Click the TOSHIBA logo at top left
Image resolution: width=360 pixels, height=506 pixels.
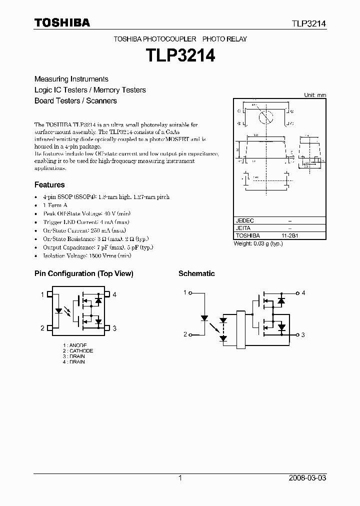pyautogui.click(x=61, y=22)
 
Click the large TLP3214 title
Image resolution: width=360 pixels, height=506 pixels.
pyautogui.click(x=180, y=55)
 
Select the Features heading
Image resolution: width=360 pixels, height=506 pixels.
pyautogui.click(x=49, y=184)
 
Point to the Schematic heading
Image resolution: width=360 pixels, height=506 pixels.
pyautogui.click(x=196, y=273)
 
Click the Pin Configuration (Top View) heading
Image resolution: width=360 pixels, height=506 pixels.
pyautogui.click(x=83, y=273)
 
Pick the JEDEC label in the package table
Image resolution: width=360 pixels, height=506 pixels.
pyautogui.click(x=245, y=220)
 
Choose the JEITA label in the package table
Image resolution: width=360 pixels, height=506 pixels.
pyautogui.click(x=244, y=228)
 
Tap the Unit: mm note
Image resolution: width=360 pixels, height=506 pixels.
pyautogui.click(x=315, y=94)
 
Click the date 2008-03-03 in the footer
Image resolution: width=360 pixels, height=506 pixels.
pyautogui.click(x=307, y=478)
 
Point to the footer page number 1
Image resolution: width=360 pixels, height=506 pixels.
pyautogui.click(x=180, y=478)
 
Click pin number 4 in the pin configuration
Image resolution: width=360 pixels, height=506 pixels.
pyautogui.click(x=114, y=295)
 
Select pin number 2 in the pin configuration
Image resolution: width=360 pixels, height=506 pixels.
pyautogui.click(x=42, y=328)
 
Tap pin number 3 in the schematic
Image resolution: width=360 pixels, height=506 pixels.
pyautogui.click(x=303, y=334)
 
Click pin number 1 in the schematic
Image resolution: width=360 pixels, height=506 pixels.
pyautogui.click(x=185, y=292)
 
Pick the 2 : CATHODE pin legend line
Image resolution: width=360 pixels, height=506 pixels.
pyautogui.click(x=78, y=351)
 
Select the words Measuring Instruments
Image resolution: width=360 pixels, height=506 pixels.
pyautogui.click(x=71, y=79)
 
